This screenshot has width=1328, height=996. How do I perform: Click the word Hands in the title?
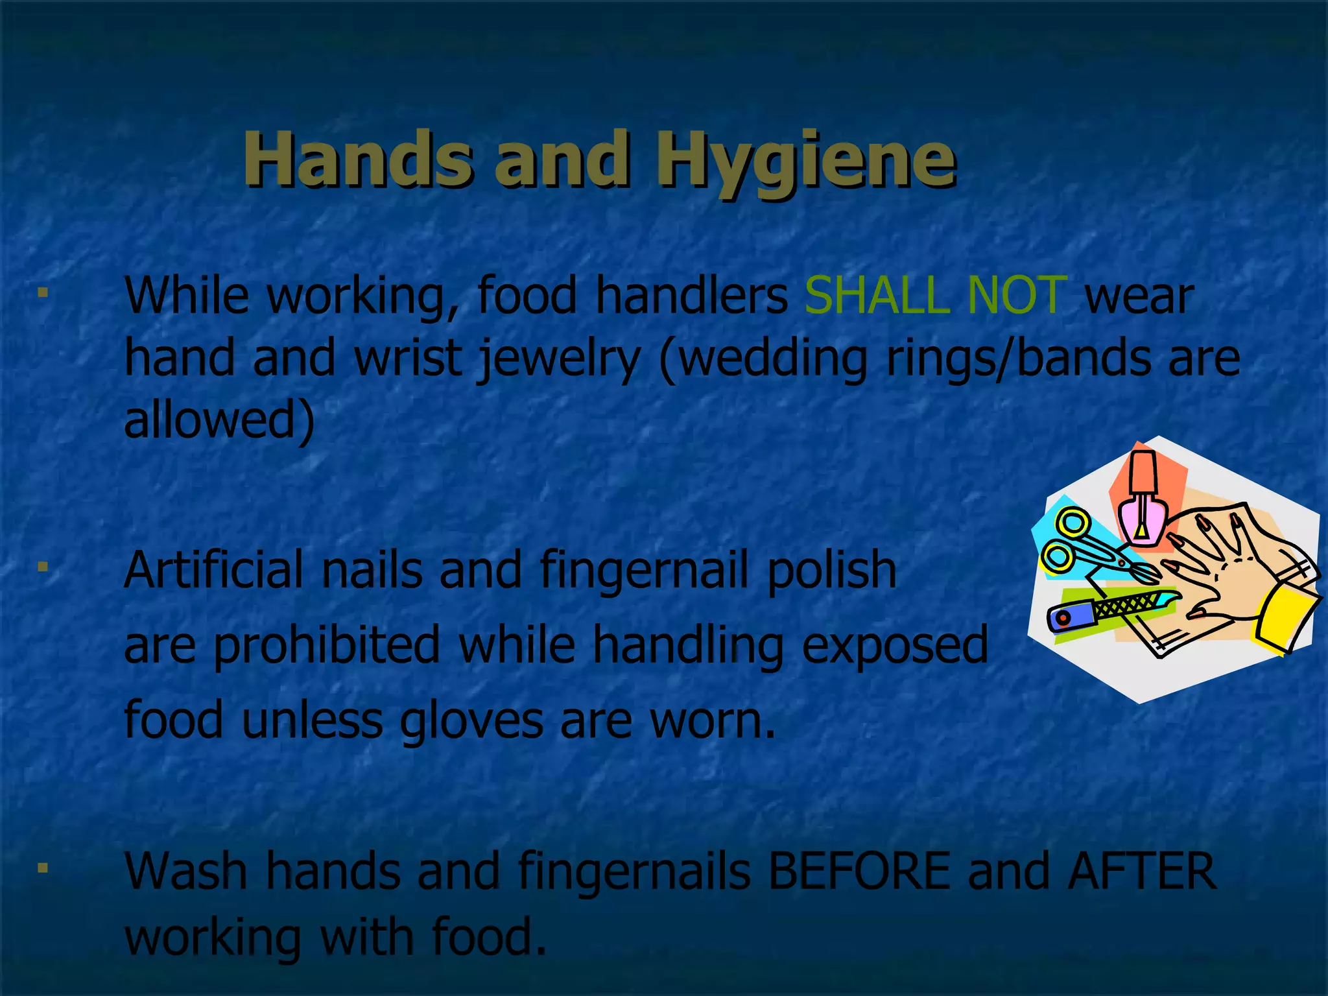357,159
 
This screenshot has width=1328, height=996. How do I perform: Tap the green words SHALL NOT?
935,296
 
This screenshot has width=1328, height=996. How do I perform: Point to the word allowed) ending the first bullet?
219,420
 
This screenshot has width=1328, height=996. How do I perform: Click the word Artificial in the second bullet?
214,570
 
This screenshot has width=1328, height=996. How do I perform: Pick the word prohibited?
327,645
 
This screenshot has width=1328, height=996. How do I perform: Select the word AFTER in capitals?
1142,871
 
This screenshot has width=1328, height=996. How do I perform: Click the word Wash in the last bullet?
186,871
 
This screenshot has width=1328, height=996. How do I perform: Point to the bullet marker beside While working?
43,293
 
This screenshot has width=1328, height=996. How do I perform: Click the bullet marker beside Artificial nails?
43,567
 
